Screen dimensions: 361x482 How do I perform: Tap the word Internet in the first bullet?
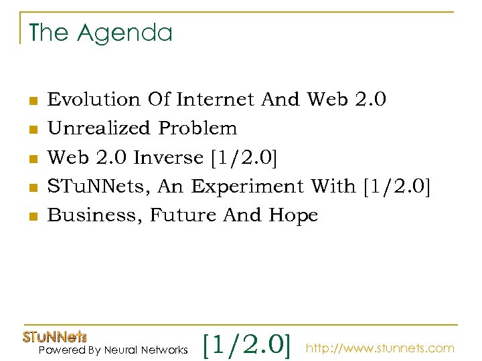click(216, 100)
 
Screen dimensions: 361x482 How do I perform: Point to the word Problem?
click(197, 128)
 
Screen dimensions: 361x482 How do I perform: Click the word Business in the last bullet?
click(94, 216)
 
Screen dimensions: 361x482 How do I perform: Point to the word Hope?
click(293, 215)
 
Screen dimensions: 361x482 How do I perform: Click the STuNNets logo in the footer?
click(56, 337)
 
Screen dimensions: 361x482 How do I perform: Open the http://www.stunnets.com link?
click(380, 348)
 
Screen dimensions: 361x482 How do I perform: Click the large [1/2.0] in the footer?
click(247, 345)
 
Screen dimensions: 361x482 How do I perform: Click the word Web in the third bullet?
click(68, 158)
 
